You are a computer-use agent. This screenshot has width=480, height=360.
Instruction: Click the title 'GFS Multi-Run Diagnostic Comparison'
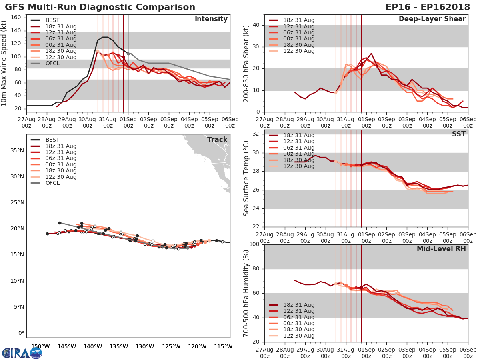click(x=100, y=7)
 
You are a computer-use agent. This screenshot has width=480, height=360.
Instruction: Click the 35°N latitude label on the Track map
click(x=17, y=150)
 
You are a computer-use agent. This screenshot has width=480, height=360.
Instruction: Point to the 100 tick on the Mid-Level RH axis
click(x=254, y=244)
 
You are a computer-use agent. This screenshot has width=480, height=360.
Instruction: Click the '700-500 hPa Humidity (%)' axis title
click(x=246, y=293)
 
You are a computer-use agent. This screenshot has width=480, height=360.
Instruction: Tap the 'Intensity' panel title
click(x=211, y=19)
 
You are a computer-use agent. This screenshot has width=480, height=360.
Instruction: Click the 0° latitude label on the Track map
click(x=21, y=333)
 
